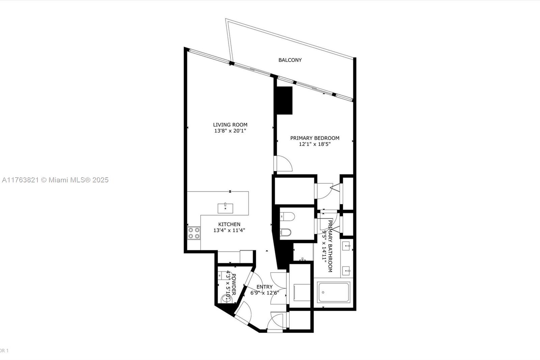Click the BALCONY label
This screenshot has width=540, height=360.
[x=290, y=60]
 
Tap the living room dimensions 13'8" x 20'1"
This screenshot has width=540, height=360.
[x=230, y=131]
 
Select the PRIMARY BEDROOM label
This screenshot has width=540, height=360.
[x=315, y=138]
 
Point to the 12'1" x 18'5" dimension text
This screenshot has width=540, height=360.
[x=315, y=144]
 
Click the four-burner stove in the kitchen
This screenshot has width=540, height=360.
[x=194, y=233]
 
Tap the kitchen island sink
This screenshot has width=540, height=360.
[x=225, y=208]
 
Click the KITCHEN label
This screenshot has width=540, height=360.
[x=229, y=224]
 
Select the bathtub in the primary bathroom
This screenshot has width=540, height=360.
[x=334, y=293]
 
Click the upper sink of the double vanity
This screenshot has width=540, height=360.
[x=347, y=246]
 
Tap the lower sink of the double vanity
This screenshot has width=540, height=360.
[x=347, y=271]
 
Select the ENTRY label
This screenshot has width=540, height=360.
[x=264, y=287]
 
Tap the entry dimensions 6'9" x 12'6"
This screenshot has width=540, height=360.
[x=264, y=293]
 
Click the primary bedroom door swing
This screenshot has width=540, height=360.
[x=283, y=164]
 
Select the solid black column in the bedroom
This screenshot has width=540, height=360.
[x=284, y=101]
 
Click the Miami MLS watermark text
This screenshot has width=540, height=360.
[x=55, y=180]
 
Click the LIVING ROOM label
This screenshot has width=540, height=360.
[x=230, y=125]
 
